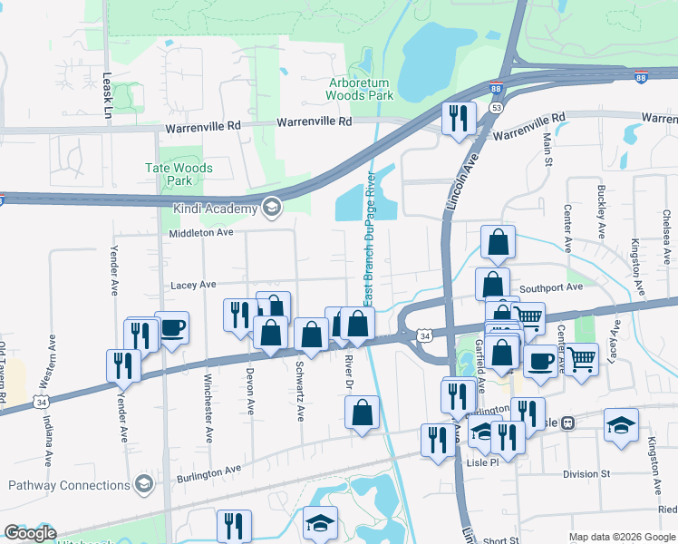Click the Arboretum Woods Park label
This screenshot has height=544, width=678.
pos(361,88)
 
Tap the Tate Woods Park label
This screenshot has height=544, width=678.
pos(179,174)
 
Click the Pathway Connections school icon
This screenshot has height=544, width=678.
pos(142,484)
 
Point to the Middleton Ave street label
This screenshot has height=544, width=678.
pos(202,233)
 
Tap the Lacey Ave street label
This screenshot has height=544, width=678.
pos(193,285)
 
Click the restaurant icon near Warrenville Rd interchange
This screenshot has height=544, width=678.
pos(459,117)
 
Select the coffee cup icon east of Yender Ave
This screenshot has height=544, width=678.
pos(171,327)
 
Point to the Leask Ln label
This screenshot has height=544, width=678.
pos(107,97)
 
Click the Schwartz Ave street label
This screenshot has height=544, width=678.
pos(299,392)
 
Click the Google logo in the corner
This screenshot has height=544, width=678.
pos(29,533)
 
